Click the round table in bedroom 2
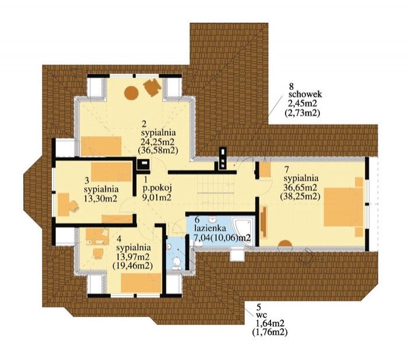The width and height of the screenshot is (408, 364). [131, 93]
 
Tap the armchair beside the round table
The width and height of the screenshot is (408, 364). [152, 87]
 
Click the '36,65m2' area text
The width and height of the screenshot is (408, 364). [300, 187]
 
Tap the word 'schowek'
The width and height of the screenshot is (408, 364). [305, 94]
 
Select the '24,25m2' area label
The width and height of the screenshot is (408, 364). [158, 141]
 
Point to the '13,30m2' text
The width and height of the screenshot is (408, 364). [100, 199]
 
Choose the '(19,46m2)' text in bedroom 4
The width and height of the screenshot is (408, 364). [132, 266]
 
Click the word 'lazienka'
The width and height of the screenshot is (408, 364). [210, 229]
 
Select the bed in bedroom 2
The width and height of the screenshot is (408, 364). [101, 146]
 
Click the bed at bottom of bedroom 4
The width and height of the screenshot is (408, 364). [141, 283]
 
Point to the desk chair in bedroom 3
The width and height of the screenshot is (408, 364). [73, 206]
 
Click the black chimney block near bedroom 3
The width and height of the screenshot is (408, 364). [143, 164]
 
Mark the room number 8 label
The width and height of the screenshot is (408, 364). [291, 86]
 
